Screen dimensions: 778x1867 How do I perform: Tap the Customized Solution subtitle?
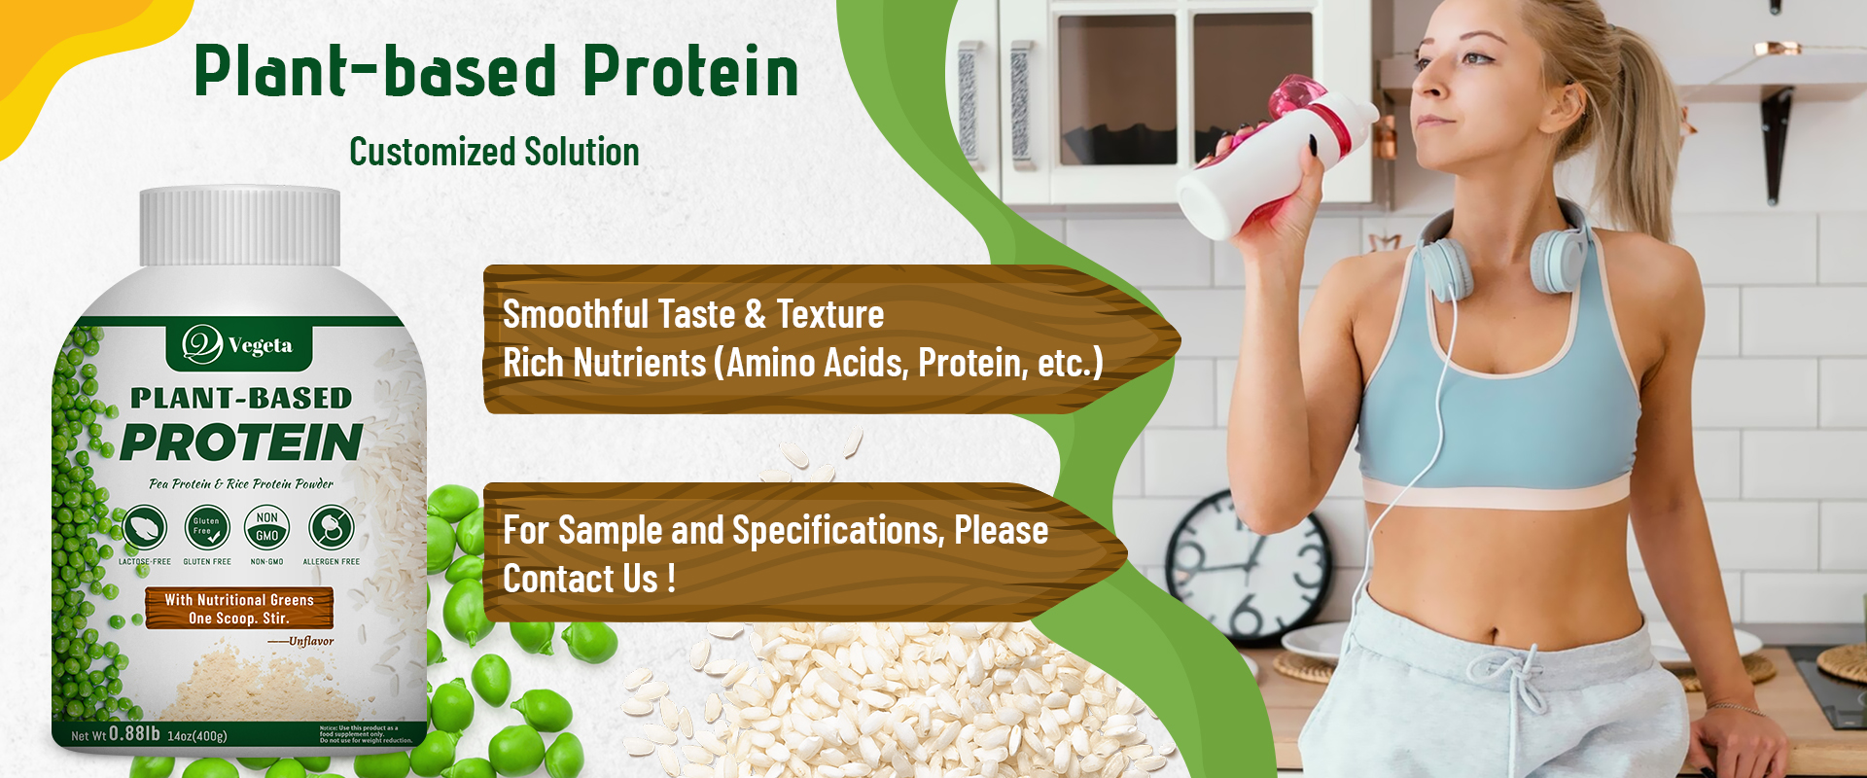click(494, 152)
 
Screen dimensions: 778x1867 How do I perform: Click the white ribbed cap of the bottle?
click(240, 228)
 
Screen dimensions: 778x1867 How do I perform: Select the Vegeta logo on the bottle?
click(239, 344)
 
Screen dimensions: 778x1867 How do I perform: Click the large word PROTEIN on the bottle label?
click(241, 442)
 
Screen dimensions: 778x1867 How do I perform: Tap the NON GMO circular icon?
click(267, 527)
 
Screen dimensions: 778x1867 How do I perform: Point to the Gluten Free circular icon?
click(206, 527)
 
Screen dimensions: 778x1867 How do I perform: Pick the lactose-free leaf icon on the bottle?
click(145, 527)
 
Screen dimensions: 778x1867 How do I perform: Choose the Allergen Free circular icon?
click(331, 527)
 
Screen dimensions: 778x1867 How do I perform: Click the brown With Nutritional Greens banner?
click(239, 608)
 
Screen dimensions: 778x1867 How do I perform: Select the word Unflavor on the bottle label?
click(311, 642)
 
